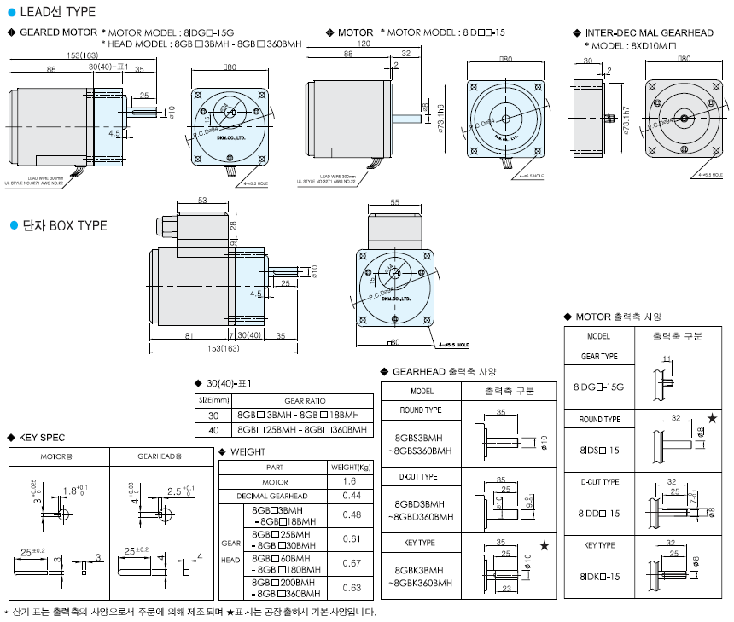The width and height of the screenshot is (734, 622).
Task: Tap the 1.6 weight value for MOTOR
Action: [x=352, y=482]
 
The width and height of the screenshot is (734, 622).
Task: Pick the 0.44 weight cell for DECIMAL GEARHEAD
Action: [x=352, y=496]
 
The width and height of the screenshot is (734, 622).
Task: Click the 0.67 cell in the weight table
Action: [x=352, y=563]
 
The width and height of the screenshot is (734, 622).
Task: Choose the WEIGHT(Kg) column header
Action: [x=352, y=468]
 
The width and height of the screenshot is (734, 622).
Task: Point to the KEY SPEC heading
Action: [x=41, y=437]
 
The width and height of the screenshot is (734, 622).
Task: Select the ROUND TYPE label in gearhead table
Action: [x=421, y=410]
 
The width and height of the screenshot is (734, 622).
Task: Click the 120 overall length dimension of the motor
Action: [x=364, y=42]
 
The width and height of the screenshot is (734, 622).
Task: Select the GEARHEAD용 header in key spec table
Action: [x=160, y=456]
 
